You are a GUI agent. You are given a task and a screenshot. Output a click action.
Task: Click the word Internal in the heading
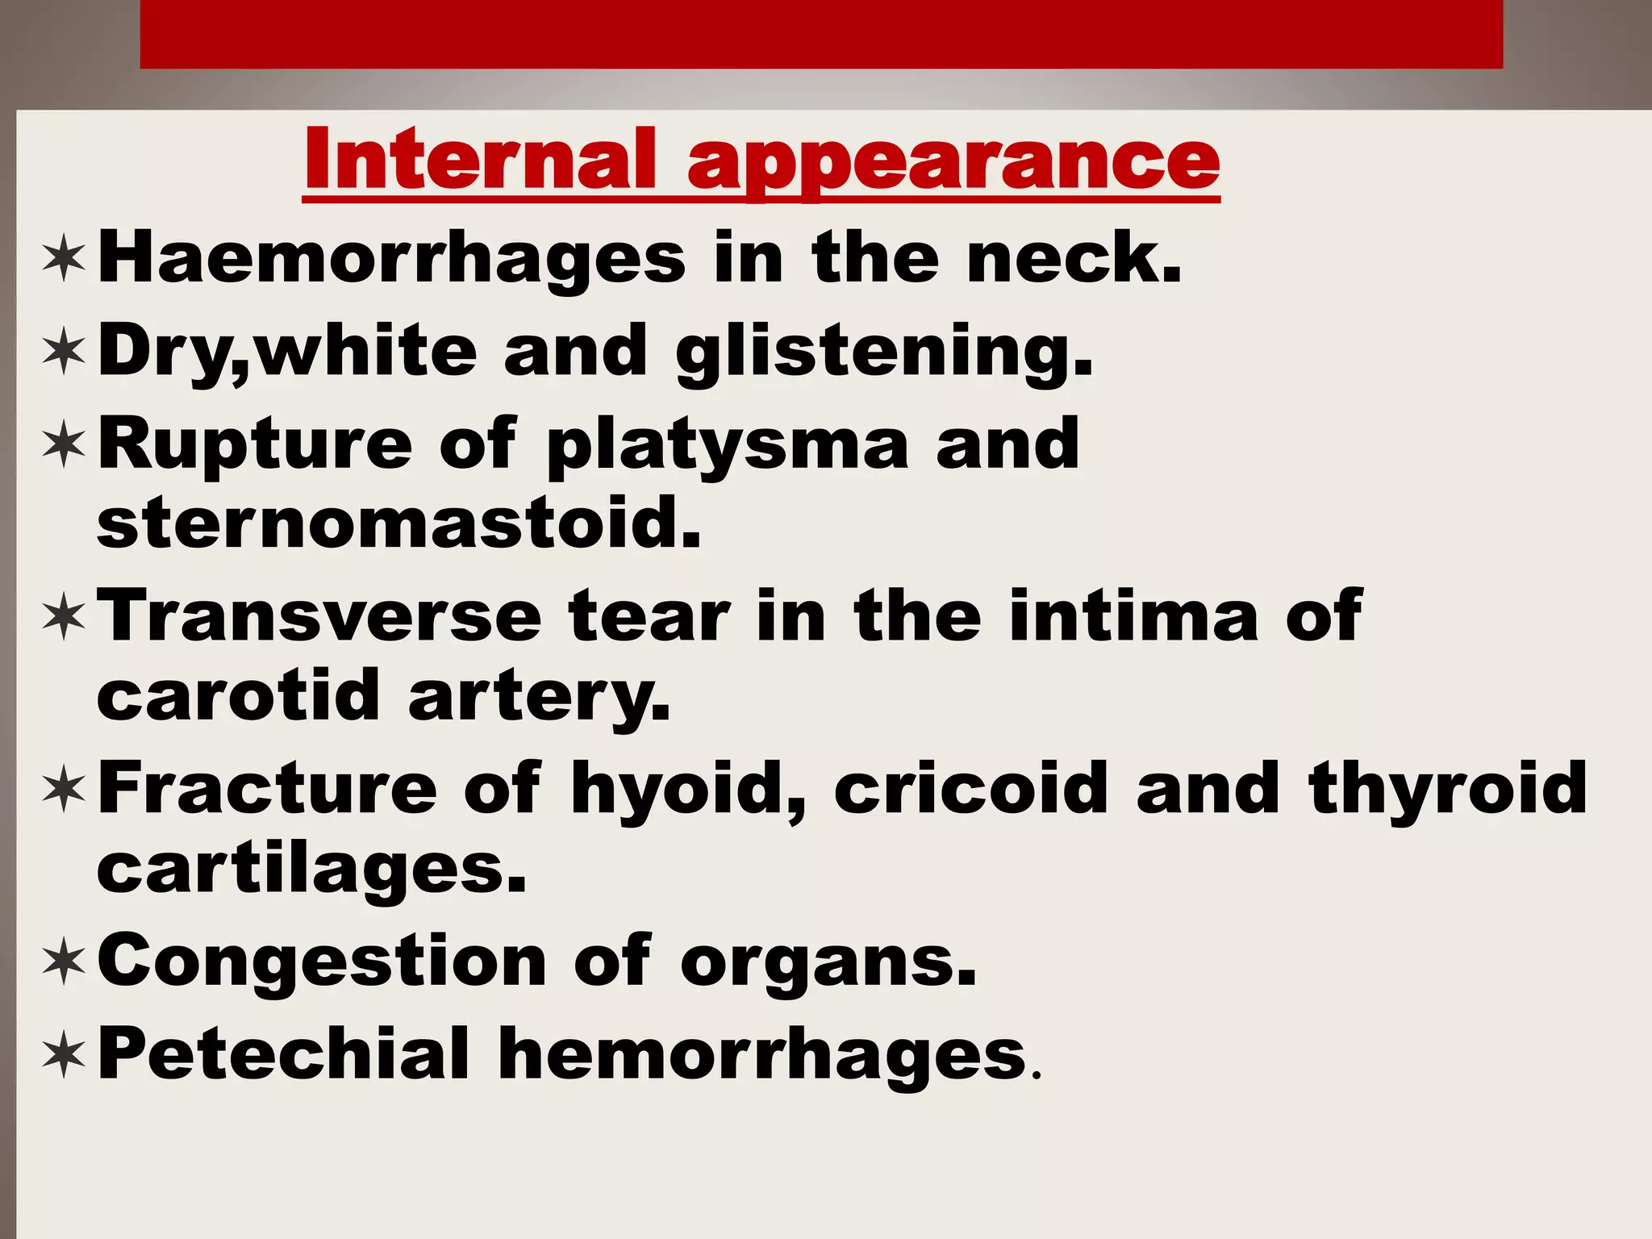480,159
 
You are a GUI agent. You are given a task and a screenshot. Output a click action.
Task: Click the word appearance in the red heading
953,161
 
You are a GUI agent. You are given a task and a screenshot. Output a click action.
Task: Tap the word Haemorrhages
391,258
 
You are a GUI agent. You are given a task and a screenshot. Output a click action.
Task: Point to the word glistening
884,352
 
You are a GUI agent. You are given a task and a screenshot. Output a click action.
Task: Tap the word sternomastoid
398,523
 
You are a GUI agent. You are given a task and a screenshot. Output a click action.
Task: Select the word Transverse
319,616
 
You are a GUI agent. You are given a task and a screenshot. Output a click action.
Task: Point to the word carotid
238,695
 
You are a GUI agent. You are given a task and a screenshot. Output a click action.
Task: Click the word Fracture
267,788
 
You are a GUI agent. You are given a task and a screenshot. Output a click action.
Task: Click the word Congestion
322,962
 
